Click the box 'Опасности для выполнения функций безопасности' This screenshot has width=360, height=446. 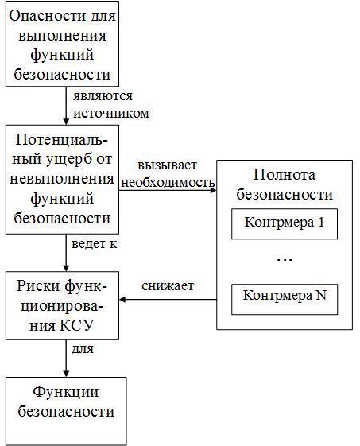click(x=66, y=47)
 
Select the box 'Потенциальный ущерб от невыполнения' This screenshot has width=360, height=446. click(x=66, y=179)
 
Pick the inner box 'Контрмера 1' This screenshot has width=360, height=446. click(x=284, y=223)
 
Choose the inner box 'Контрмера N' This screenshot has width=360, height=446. click(x=284, y=297)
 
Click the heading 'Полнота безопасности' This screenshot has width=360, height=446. click(x=284, y=184)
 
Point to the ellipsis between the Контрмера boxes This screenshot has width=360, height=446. click(x=284, y=260)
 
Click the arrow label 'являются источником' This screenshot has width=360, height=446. click(x=111, y=104)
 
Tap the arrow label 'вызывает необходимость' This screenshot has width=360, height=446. click(x=168, y=174)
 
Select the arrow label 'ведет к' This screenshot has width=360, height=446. click(x=95, y=243)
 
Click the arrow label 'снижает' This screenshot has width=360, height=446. click(x=168, y=285)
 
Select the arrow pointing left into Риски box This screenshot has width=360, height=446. click(x=168, y=300)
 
